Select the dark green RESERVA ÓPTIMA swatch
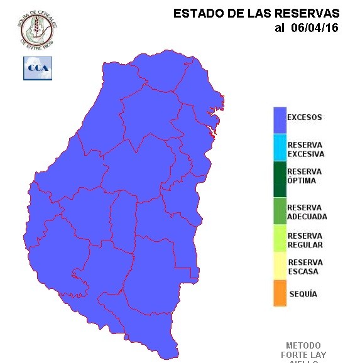coord(280,179)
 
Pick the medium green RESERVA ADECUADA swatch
coord(280,211)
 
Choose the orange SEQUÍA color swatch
coord(280,293)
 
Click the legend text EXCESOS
coord(304,117)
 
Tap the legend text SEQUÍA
coord(303,294)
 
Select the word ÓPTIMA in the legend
coord(301,181)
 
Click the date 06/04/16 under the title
coord(315,28)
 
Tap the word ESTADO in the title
coord(194,13)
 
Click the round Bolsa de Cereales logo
coord(37,28)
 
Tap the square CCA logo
coord(38,68)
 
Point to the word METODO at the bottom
coord(303,345)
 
